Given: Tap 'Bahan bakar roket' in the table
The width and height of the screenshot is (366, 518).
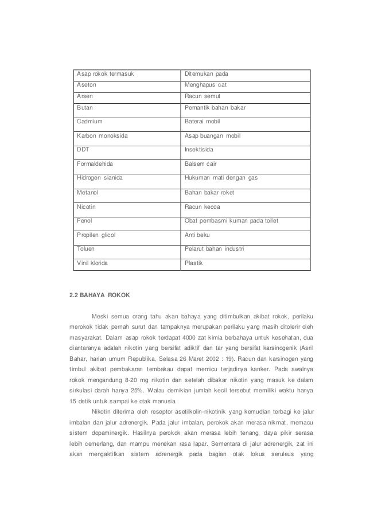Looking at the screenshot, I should (x=209, y=192).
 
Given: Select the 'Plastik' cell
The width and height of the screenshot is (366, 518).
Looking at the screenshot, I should (x=193, y=263).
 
